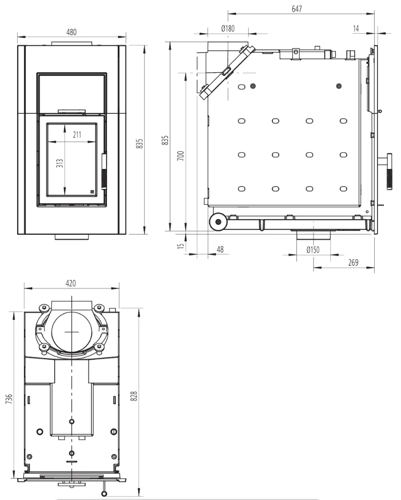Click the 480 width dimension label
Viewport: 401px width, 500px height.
pyautogui.click(x=71, y=32)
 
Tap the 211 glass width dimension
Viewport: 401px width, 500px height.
pyautogui.click(x=77, y=135)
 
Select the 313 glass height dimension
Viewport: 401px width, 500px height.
pyautogui.click(x=60, y=163)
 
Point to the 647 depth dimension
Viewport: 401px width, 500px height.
pyautogui.click(x=296, y=9)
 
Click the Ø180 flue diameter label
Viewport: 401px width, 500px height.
pyautogui.click(x=228, y=28)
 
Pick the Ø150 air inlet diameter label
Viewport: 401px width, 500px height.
pyautogui.click(x=313, y=250)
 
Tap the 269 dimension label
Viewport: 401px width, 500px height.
pyautogui.click(x=353, y=262)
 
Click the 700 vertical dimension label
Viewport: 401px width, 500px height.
pyautogui.click(x=181, y=156)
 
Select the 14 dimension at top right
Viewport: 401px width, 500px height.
pyautogui.click(x=356, y=28)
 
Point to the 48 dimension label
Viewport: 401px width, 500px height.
pyautogui.click(x=220, y=250)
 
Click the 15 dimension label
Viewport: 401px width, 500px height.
pyautogui.click(x=181, y=246)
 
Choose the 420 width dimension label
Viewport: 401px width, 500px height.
pyautogui.click(x=71, y=283)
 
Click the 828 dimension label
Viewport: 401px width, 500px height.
pyautogui.click(x=134, y=396)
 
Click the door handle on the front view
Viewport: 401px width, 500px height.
pyautogui.click(x=104, y=172)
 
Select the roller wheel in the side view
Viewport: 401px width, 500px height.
pyautogui.click(x=218, y=222)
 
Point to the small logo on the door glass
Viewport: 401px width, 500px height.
pyautogui.click(x=92, y=191)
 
